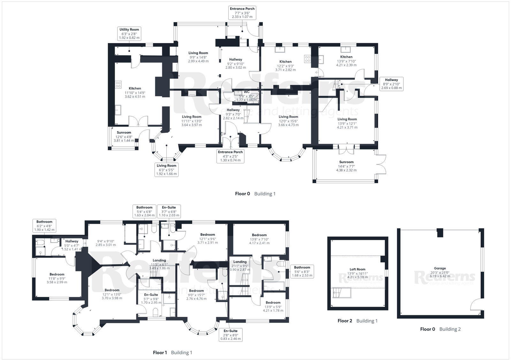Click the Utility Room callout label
pyautogui.click(x=129, y=34)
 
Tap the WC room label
pyautogui.click(x=247, y=92)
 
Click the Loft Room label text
pyautogui.click(x=357, y=273)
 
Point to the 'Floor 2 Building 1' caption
pyautogui.click(x=357, y=321)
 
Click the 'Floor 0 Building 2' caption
pyautogui.click(x=440, y=329)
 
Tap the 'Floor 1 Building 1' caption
pyautogui.click(x=172, y=352)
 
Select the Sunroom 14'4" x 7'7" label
pyautogui.click(x=346, y=166)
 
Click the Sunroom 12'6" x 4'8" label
pyautogui.click(x=124, y=136)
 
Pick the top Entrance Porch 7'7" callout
pyautogui.click(x=242, y=13)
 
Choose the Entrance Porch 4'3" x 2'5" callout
pyautogui.click(x=230, y=156)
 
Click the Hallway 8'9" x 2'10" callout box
pyautogui.click(x=391, y=84)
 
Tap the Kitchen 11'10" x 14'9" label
pyautogui.click(x=135, y=92)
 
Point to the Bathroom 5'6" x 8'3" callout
pyautogui.click(x=302, y=271)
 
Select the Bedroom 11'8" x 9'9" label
pyautogui.click(x=57, y=278)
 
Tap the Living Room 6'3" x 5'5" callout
pyautogui.click(x=166, y=169)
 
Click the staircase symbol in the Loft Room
pyautogui.click(x=342, y=292)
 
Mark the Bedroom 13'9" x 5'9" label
pyautogui.click(x=273, y=306)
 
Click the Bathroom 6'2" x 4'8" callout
pyautogui.click(x=44, y=225)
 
